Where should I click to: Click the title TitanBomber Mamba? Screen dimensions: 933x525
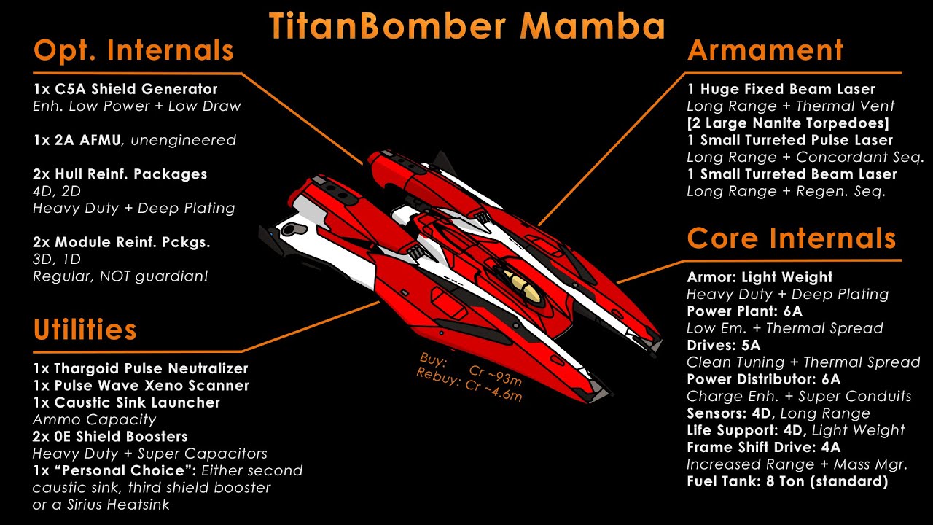(x=467, y=26)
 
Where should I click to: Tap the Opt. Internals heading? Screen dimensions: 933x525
(x=133, y=51)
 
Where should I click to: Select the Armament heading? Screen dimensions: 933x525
(x=765, y=50)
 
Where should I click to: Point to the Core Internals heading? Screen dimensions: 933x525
(x=792, y=238)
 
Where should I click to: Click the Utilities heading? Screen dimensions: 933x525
(x=85, y=330)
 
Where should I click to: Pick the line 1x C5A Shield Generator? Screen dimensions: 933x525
(x=125, y=89)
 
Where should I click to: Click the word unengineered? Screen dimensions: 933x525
(x=183, y=140)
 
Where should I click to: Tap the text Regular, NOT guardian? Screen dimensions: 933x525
(x=120, y=276)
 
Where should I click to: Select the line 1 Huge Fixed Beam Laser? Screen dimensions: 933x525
(x=781, y=89)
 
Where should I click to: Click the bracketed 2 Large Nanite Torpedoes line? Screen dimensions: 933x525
(x=788, y=123)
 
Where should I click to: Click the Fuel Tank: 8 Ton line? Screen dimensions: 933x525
(x=787, y=481)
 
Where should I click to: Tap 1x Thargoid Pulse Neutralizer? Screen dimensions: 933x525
(x=141, y=368)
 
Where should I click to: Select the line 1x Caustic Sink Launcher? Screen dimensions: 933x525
(x=127, y=402)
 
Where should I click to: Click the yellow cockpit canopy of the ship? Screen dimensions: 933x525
(x=521, y=284)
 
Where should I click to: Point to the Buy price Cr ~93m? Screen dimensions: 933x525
(x=495, y=375)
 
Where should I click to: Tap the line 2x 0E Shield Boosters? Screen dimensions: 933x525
(x=110, y=436)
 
